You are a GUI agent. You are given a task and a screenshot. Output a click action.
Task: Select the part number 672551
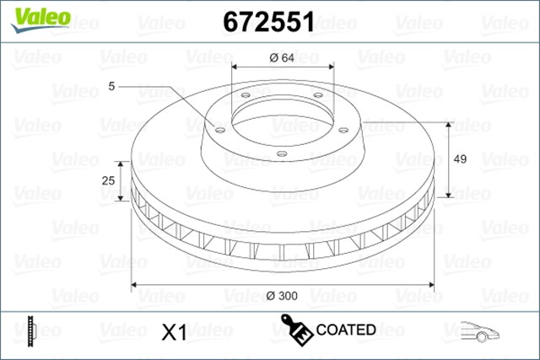(x=268, y=23)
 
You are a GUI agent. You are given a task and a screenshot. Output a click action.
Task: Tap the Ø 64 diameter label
(x=282, y=57)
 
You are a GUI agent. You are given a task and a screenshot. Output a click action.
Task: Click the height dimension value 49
(x=461, y=159)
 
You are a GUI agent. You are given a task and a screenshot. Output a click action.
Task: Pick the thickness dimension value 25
(x=107, y=181)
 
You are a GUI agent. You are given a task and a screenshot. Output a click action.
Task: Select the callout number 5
(x=112, y=86)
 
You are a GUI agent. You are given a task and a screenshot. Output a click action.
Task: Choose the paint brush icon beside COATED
(x=295, y=330)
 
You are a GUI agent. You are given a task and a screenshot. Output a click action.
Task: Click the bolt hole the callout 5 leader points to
(x=219, y=130)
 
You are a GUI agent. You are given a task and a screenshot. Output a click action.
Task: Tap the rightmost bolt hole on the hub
(x=343, y=129)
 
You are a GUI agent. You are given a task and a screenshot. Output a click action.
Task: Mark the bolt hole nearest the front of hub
(x=282, y=153)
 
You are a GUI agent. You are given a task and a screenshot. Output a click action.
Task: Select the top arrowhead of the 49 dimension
(x=450, y=123)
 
